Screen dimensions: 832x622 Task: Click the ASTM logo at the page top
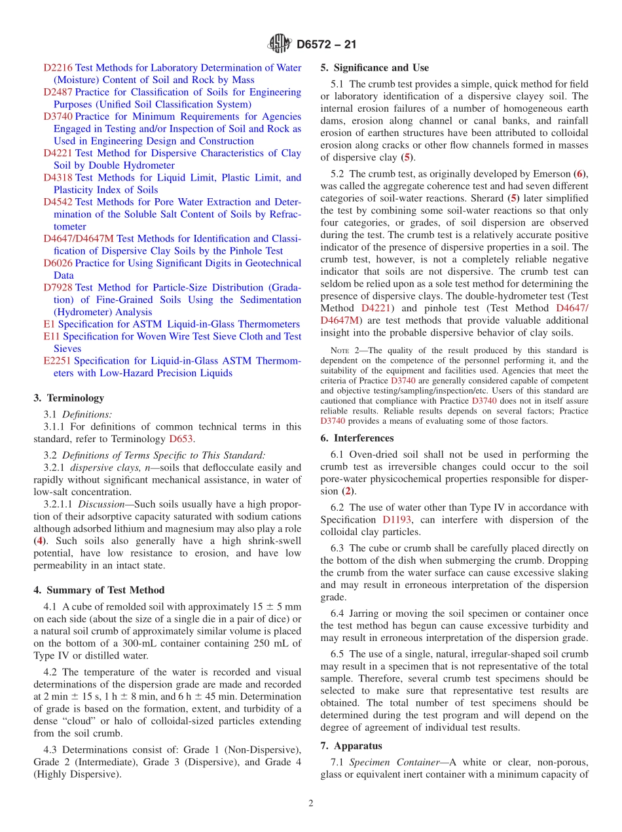click(x=280, y=44)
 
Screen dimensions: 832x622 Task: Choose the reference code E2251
click(x=58, y=360)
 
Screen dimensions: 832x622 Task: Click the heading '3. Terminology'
click(x=69, y=398)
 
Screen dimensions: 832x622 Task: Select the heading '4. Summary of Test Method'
click(x=99, y=590)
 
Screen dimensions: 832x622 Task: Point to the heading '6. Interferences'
click(x=357, y=438)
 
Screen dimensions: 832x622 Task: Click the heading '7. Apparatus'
click(x=351, y=746)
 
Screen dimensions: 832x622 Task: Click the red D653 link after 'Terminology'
click(x=181, y=439)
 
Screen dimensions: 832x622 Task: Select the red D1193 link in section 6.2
click(x=397, y=520)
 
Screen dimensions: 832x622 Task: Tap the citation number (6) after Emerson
click(x=579, y=173)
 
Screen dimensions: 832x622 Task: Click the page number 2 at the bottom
click(x=311, y=803)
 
